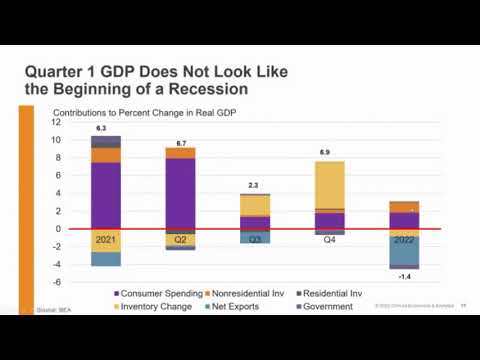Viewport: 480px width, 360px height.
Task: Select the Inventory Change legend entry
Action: tap(161, 305)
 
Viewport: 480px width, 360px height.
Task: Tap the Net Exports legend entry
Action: tap(241, 305)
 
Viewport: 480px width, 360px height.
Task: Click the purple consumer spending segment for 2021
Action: tap(106, 195)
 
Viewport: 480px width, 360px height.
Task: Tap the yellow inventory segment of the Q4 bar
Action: tap(330, 184)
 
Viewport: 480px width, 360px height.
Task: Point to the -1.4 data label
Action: tap(404, 275)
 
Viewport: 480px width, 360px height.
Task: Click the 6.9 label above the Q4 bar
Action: tap(325, 152)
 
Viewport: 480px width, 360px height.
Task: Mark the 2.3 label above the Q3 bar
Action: tap(253, 186)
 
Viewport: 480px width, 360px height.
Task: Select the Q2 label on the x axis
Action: tap(180, 240)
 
